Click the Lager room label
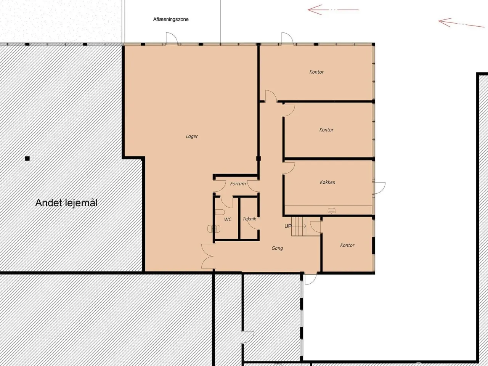(192, 136)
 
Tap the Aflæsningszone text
(171, 19)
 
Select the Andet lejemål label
(66, 203)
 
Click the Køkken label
(327, 182)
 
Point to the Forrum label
(238, 184)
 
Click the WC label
(228, 220)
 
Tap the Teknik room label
(249, 219)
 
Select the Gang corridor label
(277, 248)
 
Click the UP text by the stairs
(288, 226)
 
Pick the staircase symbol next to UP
(299, 226)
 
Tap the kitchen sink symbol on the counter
(331, 210)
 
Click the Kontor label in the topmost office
(316, 72)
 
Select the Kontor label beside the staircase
(347, 245)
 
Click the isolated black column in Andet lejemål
(27, 159)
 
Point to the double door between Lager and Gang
(208, 256)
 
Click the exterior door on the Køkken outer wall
(380, 188)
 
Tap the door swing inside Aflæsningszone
(172, 38)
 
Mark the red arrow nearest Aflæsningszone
(333, 10)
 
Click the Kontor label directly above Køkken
(326, 130)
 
